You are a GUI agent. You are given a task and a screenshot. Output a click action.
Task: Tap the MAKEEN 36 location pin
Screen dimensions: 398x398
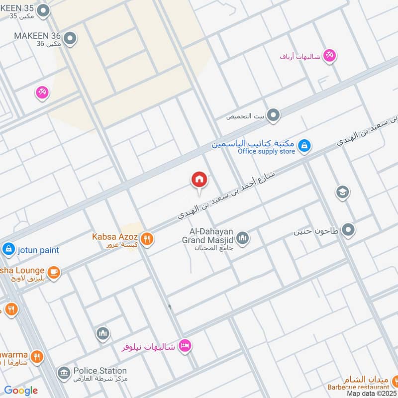(x=70, y=38)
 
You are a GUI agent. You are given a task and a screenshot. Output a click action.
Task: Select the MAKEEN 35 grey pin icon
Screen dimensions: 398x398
(x=44, y=10)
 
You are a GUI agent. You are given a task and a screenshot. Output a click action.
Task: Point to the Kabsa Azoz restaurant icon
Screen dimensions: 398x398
(x=146, y=239)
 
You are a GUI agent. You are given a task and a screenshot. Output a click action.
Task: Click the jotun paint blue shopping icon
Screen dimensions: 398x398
(x=8, y=249)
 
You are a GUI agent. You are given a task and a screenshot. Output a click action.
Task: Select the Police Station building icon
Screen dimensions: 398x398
(x=63, y=373)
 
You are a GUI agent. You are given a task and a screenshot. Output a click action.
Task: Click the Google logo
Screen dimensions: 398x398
(x=21, y=391)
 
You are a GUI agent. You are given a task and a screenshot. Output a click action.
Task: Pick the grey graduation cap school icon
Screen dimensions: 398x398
(x=342, y=192)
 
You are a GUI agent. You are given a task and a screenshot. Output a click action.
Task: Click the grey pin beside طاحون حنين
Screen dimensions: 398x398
(x=349, y=230)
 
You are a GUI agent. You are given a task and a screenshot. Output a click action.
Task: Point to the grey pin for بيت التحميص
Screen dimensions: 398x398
(x=273, y=116)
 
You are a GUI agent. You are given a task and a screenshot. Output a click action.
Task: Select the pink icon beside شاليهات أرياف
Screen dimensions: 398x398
(x=329, y=56)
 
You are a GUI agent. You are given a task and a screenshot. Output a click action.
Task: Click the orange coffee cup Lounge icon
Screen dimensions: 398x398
(x=54, y=272)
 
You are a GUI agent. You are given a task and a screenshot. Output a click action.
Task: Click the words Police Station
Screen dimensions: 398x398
(x=99, y=371)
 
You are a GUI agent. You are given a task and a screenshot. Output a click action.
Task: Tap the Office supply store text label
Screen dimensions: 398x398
(x=266, y=151)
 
